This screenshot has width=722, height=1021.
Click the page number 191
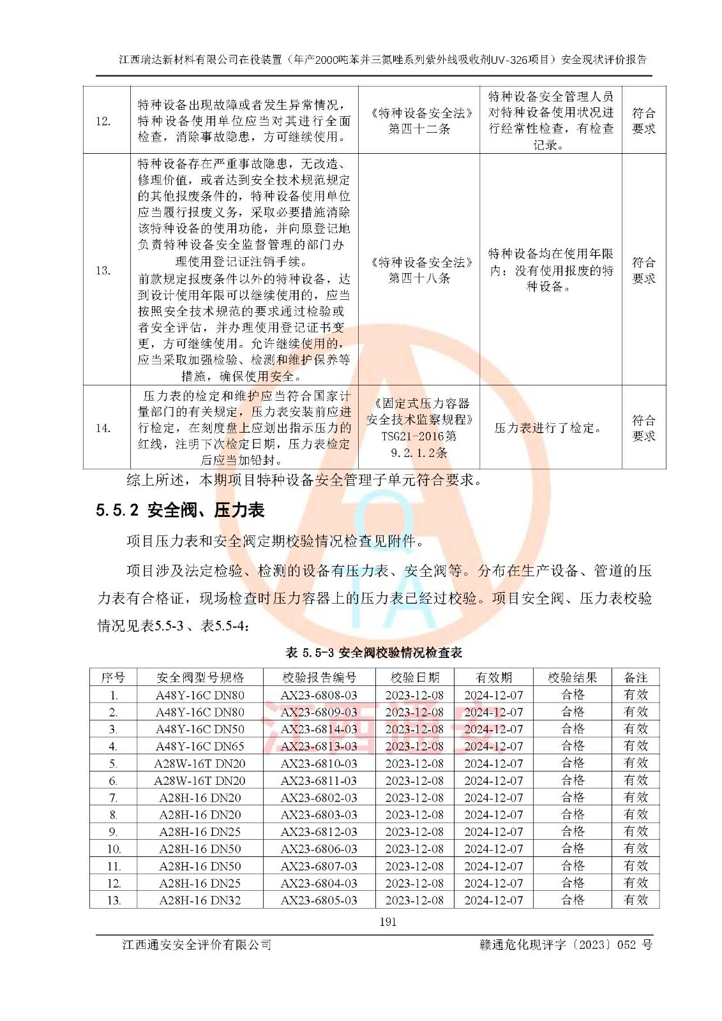pyautogui.click(x=387, y=921)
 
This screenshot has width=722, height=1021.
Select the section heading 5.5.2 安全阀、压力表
pyautogui.click(x=180, y=510)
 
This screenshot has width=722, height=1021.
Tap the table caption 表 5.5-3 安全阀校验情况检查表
pyautogui.click(x=373, y=653)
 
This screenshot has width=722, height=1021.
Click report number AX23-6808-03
pyautogui.click(x=319, y=695)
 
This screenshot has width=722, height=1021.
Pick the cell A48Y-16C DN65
pyautogui.click(x=200, y=746)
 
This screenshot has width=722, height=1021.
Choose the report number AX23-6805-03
pyautogui.click(x=319, y=900)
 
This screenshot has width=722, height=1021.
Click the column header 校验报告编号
pyautogui.click(x=319, y=678)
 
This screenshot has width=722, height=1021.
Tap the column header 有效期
pyautogui.click(x=493, y=678)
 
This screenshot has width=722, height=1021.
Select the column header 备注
pyautogui.click(x=635, y=678)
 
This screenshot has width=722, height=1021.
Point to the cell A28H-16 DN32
pyautogui.click(x=200, y=900)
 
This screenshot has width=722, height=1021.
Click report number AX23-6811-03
pyautogui.click(x=319, y=780)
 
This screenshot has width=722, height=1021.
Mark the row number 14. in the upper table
pyautogui.click(x=103, y=428)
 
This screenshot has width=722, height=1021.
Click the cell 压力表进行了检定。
pyautogui.click(x=549, y=428)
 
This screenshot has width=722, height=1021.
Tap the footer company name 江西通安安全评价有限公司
pyautogui.click(x=197, y=945)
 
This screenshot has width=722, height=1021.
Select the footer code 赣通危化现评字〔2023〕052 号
pyautogui.click(x=566, y=945)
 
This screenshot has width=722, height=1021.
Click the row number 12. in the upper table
pyautogui.click(x=103, y=121)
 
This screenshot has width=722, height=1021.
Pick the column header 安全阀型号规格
pyautogui.click(x=200, y=678)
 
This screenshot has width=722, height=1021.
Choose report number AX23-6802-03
pyautogui.click(x=319, y=798)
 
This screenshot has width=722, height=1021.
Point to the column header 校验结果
pyautogui.click(x=572, y=678)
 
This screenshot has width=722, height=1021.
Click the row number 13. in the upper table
pyautogui.click(x=103, y=271)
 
